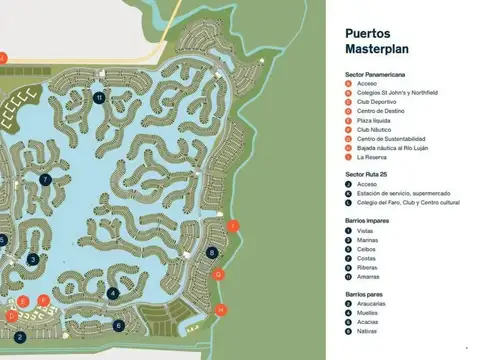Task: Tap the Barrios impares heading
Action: coord(367,221)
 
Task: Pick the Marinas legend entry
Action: coord(368,240)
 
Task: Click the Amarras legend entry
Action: coord(369,276)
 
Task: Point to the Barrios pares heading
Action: coord(365,294)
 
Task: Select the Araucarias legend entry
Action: coord(372,305)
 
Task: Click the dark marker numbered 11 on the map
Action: coord(99,97)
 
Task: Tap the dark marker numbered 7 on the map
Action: coord(46,179)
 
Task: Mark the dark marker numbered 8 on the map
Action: coord(213,253)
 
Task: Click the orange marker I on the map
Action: coord(233,226)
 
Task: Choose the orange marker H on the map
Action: coord(221,310)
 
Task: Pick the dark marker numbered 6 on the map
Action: coord(118,325)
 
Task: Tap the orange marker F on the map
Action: coord(44,299)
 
